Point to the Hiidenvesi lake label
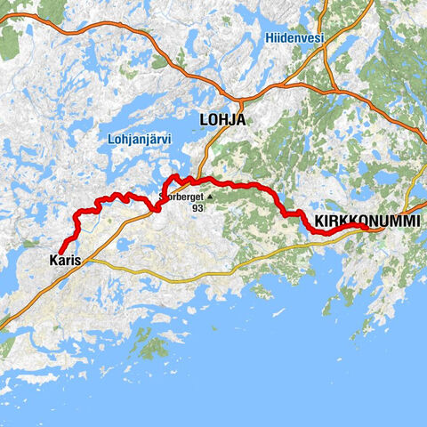coord(294,37)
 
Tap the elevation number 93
coord(197,208)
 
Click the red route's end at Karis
coord(60,250)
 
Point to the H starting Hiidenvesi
coord(269,37)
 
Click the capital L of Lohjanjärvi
coord(109,139)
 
